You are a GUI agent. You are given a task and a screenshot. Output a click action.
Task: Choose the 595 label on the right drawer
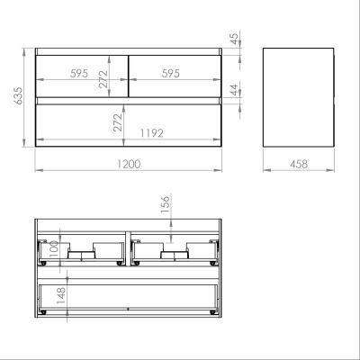point(175,75)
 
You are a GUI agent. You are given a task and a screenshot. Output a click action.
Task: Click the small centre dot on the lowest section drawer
point(128,306)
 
